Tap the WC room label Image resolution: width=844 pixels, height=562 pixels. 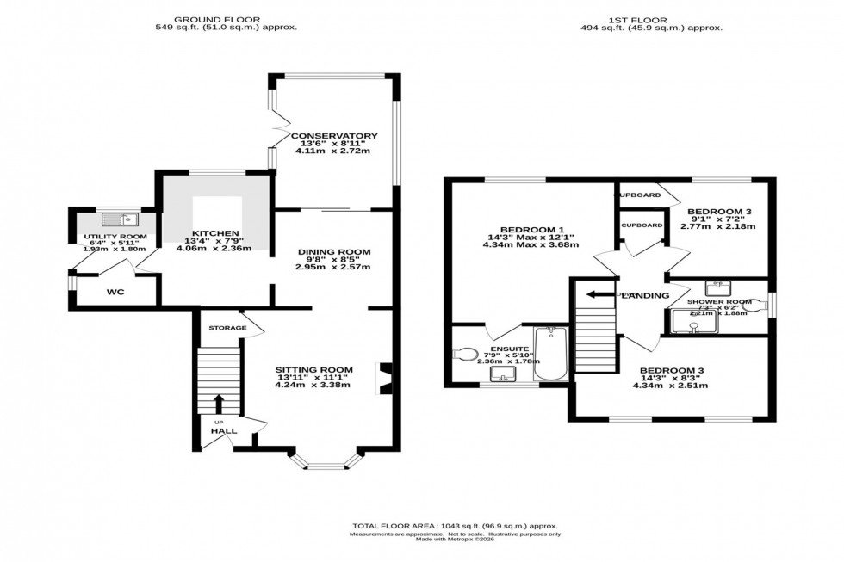click(x=115, y=293)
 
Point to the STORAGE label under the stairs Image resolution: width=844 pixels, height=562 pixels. click(x=226, y=328)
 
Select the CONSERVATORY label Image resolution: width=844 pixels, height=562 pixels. click(x=334, y=136)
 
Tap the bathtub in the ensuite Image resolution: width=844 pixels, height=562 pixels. click(x=550, y=354)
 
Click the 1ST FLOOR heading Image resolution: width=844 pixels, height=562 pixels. click(x=652, y=18)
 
